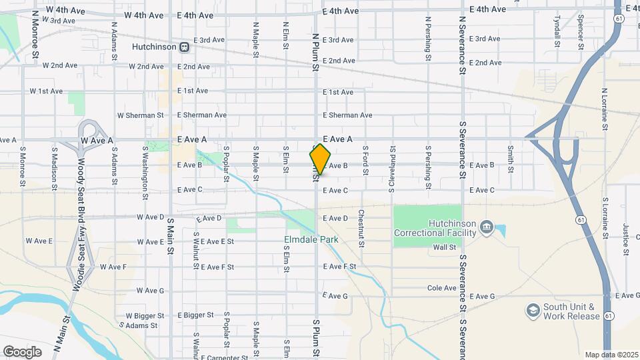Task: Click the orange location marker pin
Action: coord(320,159)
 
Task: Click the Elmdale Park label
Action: coord(311,239)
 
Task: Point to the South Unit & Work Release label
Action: coord(571,311)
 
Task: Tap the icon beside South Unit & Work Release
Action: coord(533,311)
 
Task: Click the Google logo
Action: coord(22,351)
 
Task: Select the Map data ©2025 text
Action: coord(611,355)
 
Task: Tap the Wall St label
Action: coord(443,247)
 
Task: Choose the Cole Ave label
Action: coord(441,288)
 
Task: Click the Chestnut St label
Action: coord(360,229)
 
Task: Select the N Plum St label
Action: coord(315,51)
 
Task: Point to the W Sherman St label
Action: coord(140,115)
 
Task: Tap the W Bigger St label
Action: coord(141,315)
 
